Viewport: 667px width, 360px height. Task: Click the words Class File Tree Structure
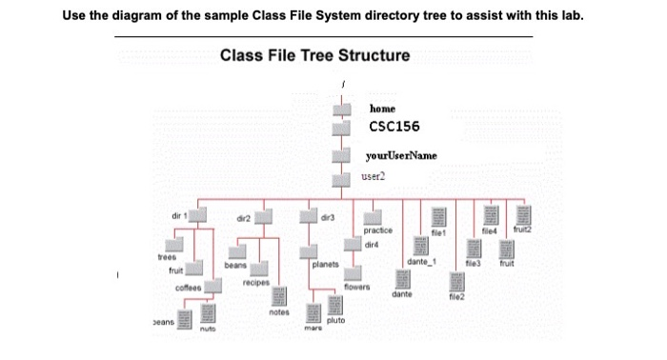[x=314, y=54]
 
